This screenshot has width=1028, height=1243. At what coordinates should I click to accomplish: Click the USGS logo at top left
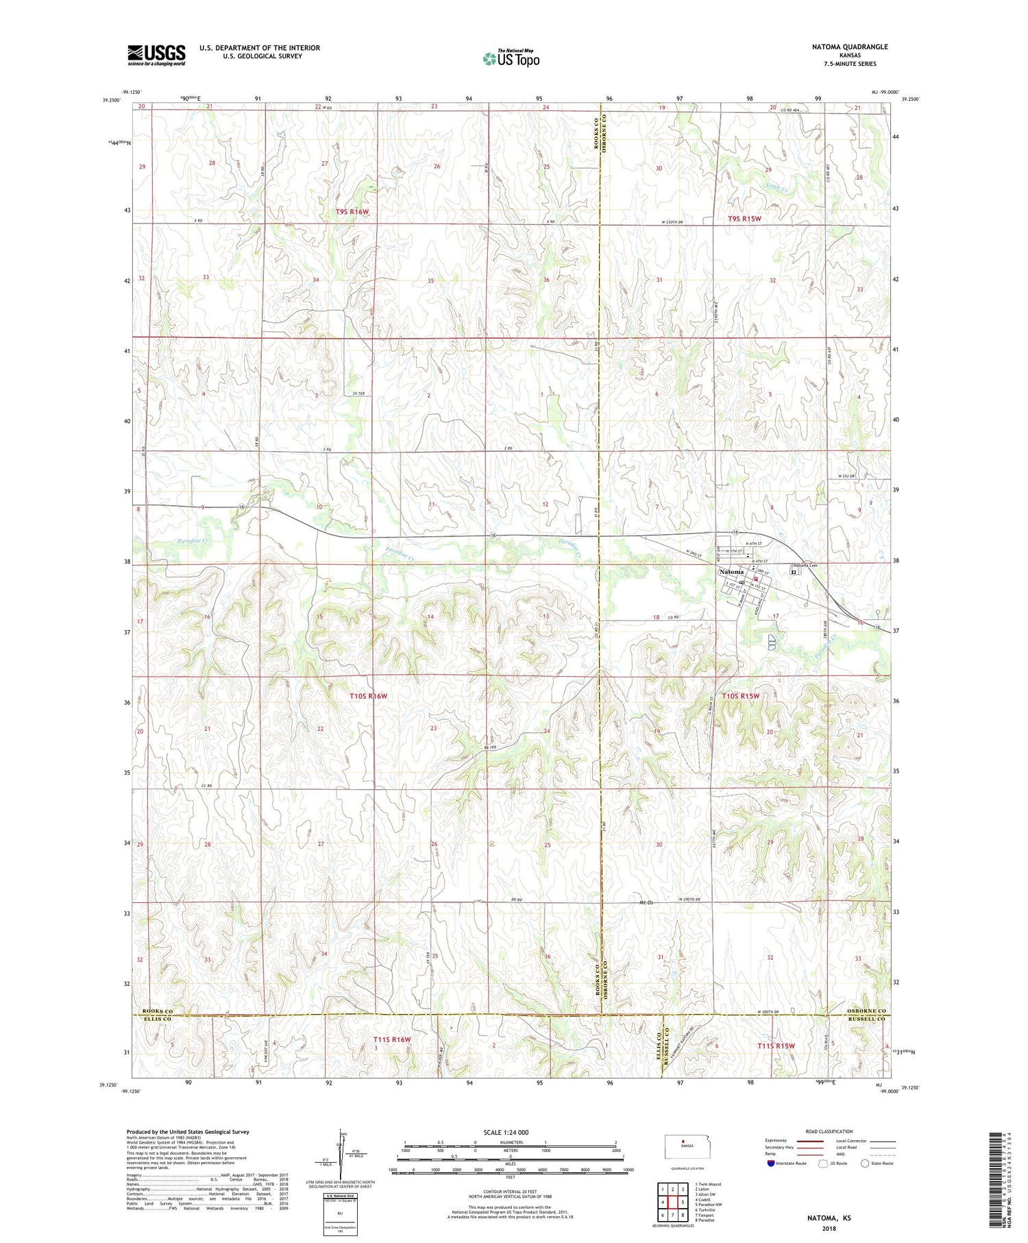click(x=156, y=55)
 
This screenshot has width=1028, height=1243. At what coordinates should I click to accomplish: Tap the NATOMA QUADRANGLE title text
click(x=850, y=47)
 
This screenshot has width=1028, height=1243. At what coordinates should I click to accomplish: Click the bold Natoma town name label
click(x=732, y=572)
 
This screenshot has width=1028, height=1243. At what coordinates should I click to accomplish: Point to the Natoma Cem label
click(x=805, y=566)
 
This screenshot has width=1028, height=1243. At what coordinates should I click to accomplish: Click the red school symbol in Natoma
click(x=756, y=579)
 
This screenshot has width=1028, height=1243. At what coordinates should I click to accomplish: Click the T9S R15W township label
click(x=744, y=219)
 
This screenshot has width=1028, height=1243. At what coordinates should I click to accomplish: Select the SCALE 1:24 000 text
click(x=510, y=1133)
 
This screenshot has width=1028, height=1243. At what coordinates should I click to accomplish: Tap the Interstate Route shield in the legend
click(x=771, y=1163)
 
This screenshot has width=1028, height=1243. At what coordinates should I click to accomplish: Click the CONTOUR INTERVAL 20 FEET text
click(x=510, y=1192)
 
